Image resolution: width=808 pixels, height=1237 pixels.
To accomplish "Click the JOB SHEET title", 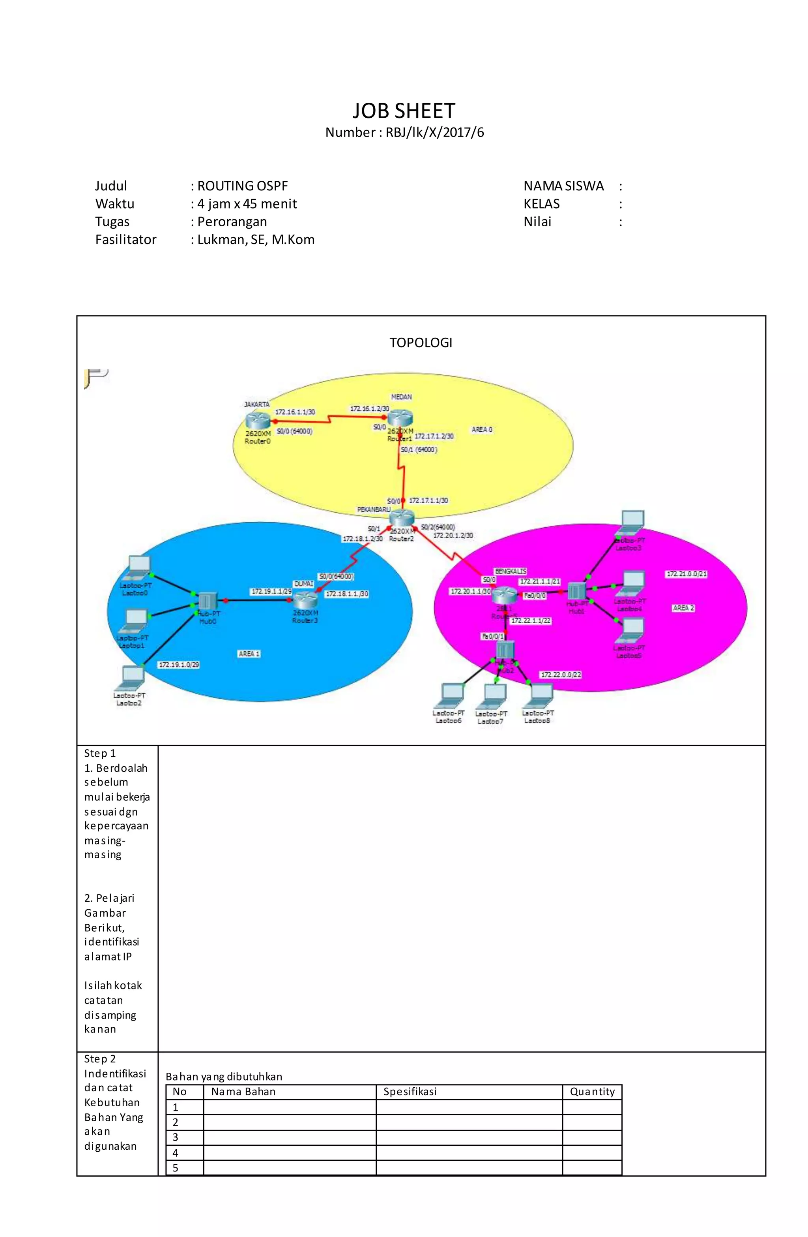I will coord(404,111).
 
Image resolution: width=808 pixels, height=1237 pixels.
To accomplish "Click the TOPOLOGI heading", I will coord(421,342).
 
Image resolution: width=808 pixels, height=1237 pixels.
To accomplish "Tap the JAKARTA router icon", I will coord(258,420).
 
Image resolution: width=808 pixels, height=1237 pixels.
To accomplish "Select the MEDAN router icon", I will coord(400,417).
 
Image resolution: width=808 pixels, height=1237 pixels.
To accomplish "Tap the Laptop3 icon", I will coord(632,521).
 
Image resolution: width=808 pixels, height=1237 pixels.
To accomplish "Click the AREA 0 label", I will coord(481,429).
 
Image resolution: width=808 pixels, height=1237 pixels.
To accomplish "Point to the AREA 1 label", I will coord(249,653).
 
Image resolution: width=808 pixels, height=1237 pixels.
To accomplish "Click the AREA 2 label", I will coord(683,607).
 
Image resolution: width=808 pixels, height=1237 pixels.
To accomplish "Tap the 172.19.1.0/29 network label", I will coord(179,664).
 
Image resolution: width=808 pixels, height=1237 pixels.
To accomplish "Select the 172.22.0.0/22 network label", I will coord(561,674).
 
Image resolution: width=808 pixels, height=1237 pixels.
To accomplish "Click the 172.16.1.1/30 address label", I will coord(294,412).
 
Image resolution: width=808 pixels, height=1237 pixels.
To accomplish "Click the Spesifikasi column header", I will coord(410,1092).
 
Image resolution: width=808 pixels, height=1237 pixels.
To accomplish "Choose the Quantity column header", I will coord(592,1092).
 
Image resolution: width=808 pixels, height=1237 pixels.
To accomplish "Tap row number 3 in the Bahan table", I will coord(176,1137).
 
